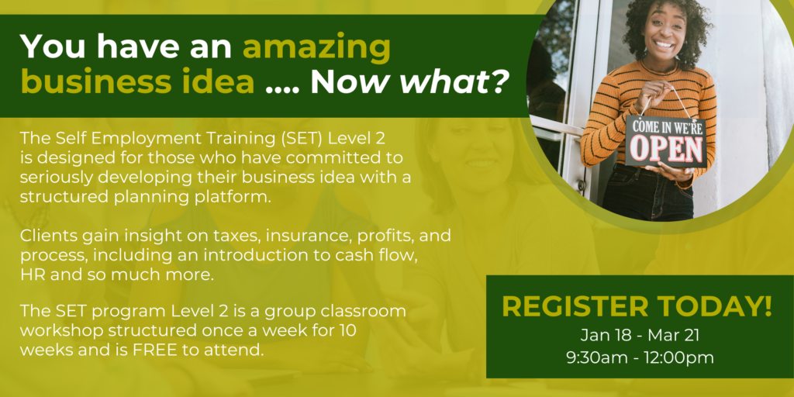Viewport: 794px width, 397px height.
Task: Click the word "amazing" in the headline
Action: [316, 47]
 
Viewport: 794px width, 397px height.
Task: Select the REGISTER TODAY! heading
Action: [637, 307]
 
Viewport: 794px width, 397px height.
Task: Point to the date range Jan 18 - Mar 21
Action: [640, 335]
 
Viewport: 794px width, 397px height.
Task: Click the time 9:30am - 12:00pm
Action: [640, 357]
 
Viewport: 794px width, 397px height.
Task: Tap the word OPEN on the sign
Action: [666, 147]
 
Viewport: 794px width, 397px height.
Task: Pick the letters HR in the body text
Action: [30, 275]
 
